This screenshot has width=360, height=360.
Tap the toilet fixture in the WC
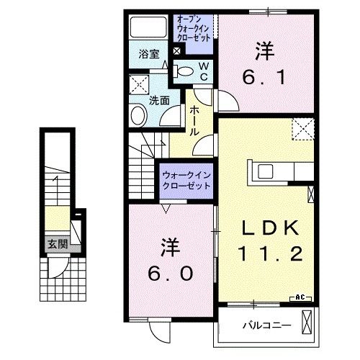pos(185,71)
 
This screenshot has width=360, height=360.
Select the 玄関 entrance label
pos(57,243)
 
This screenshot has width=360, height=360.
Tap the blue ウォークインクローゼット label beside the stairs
pos(186,180)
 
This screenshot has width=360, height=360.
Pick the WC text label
pos(204,71)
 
